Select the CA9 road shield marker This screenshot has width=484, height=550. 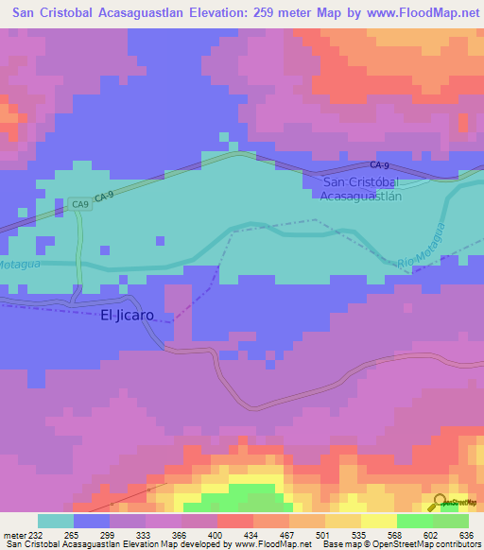tap(79, 203)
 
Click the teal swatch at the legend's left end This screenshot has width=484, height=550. tap(56, 521)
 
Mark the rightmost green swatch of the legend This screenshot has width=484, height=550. tap(451, 521)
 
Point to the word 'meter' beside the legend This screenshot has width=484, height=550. tap(16, 535)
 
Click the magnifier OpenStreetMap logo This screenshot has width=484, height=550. tap(440, 503)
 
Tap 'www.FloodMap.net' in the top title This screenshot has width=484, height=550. tap(416, 13)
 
